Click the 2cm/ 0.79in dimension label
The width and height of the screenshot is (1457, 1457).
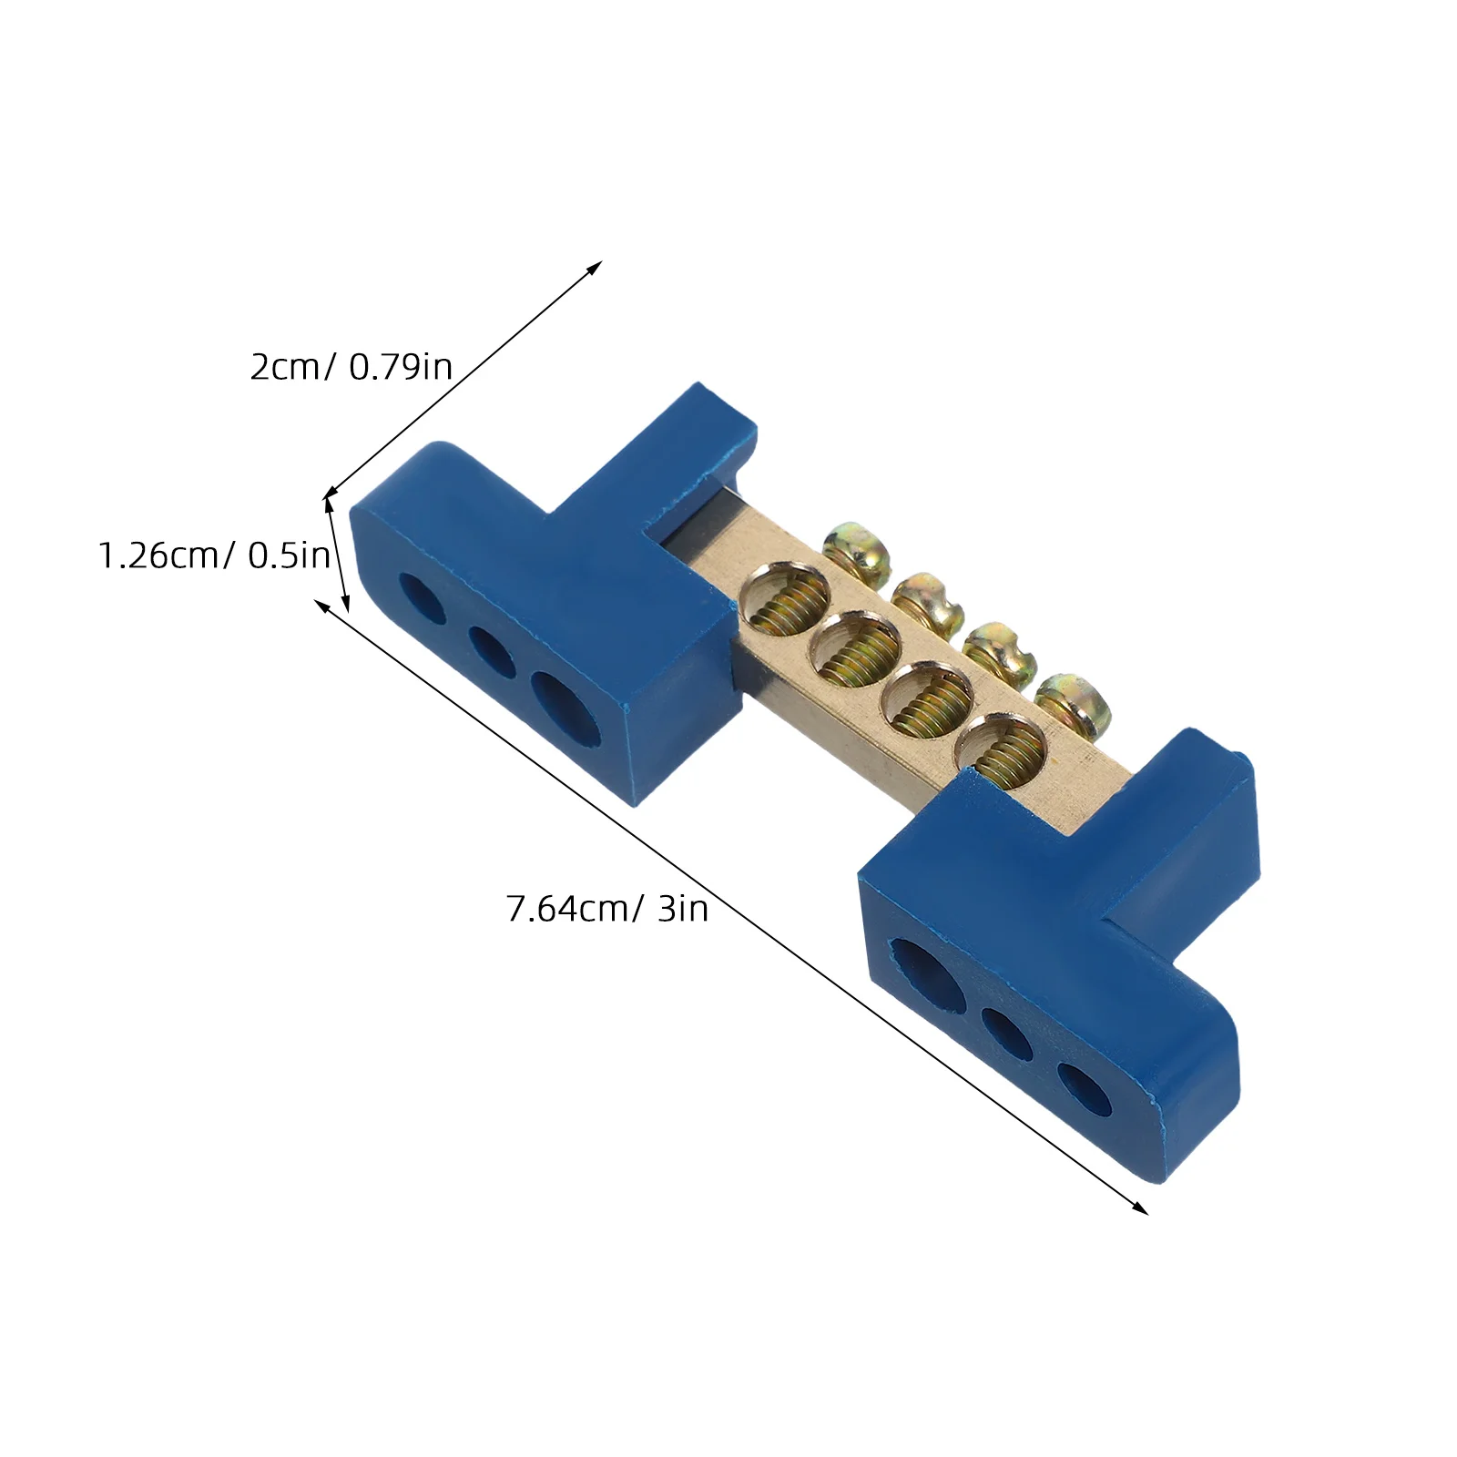click(x=351, y=367)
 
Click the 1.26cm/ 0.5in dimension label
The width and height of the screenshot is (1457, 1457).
click(x=214, y=555)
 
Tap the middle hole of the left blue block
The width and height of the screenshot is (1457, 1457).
click(x=492, y=647)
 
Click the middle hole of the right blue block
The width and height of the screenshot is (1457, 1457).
click(x=1007, y=1034)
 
